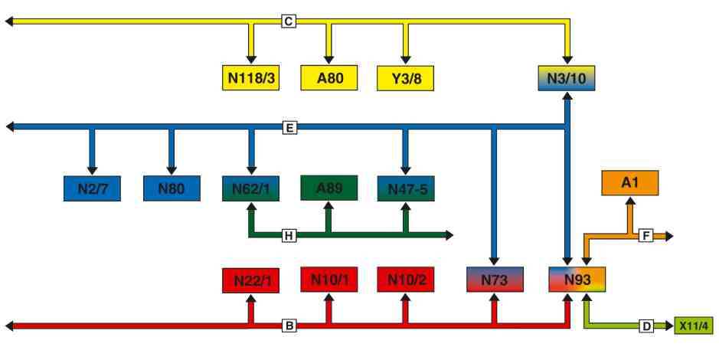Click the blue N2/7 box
pos(93,188)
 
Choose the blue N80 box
pos(171,188)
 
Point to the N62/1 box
pos(250,188)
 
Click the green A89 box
pos(328,188)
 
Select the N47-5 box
pos(406,188)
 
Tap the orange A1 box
pos(629,183)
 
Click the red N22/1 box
pos(250,280)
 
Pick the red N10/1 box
pos(328,280)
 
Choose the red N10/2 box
pos(406,280)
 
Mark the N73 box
pos(494,280)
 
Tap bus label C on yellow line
pos(289,21)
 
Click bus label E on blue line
pos(289,127)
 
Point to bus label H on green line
pos(289,234)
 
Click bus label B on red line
pos(289,326)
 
